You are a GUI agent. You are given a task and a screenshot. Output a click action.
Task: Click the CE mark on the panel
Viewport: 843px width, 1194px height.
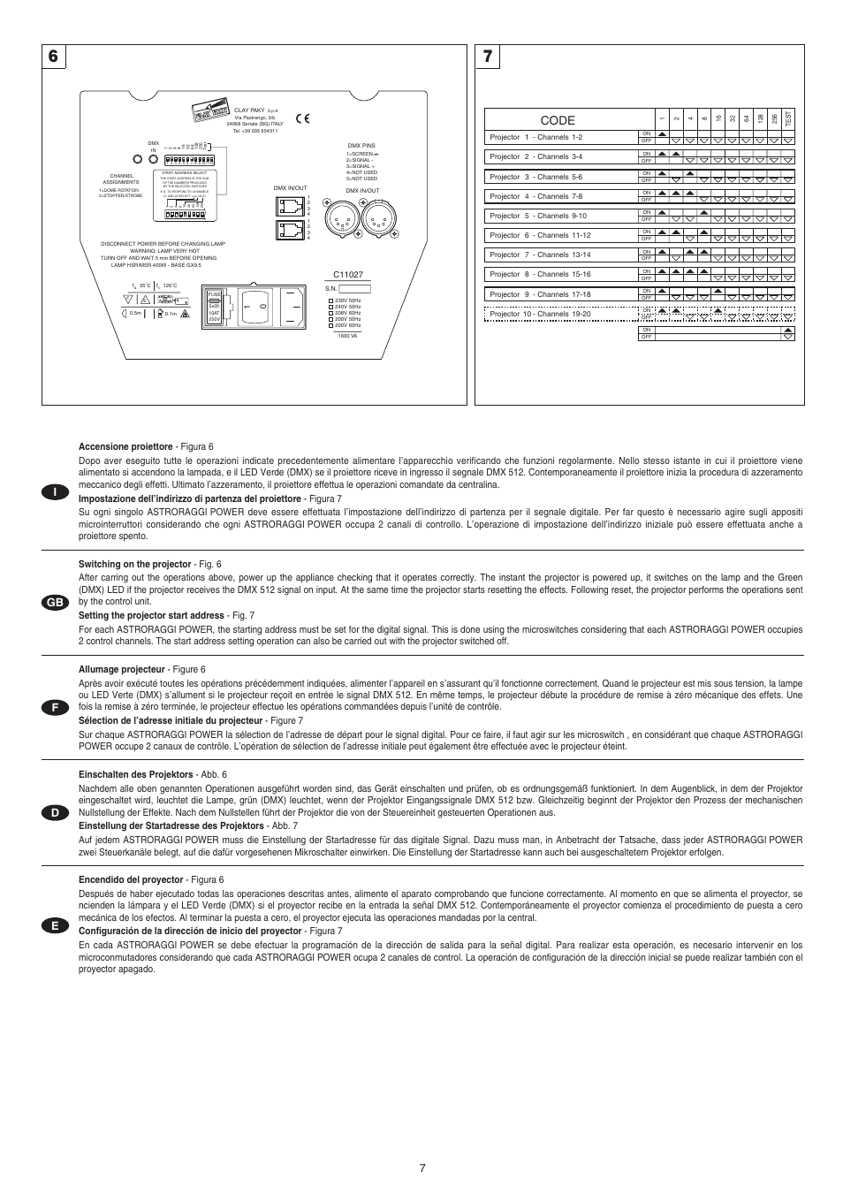pos(302,117)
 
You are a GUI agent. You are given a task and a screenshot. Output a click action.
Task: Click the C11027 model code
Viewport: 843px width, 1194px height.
pos(347,275)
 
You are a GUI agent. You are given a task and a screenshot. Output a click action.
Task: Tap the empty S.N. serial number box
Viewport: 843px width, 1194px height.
pos(355,288)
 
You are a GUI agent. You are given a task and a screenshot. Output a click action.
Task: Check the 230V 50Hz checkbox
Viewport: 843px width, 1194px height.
pos(331,300)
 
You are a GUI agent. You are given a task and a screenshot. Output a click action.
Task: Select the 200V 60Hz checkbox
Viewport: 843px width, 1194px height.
pos(331,325)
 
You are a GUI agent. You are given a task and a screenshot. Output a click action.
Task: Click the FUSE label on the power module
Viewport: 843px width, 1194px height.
pos(214,294)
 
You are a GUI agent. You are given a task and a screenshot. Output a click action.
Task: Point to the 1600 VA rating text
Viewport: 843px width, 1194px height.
pos(347,336)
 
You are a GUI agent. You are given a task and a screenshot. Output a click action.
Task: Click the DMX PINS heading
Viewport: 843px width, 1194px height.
pos(361,146)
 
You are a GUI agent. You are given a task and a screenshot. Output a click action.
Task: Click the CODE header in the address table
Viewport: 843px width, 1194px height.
pos(557,120)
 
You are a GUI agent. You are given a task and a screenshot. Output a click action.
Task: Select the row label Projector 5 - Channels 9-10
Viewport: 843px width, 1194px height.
pos(537,216)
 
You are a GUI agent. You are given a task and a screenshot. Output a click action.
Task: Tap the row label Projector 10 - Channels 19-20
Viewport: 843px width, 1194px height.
pos(540,314)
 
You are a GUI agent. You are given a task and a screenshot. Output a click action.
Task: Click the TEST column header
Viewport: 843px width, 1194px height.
pos(788,118)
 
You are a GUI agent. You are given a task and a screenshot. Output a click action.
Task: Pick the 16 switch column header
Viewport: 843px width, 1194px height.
pos(718,118)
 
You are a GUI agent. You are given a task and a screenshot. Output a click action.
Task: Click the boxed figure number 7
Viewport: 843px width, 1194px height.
pos(487,57)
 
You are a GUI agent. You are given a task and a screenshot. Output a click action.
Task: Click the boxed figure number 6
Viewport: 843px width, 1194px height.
pos(54,57)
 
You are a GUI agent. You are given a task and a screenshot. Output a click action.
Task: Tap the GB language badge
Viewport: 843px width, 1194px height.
pos(55,602)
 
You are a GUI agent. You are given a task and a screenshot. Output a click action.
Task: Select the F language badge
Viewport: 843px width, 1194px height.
pos(55,707)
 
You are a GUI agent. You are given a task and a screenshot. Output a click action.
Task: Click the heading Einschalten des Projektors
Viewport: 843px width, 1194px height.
pos(135,774)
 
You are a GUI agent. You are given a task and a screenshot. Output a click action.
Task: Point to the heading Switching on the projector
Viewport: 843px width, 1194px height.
pos(134,564)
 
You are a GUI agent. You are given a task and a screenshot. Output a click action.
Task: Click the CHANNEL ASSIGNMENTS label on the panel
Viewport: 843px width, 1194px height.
pos(121,179)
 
